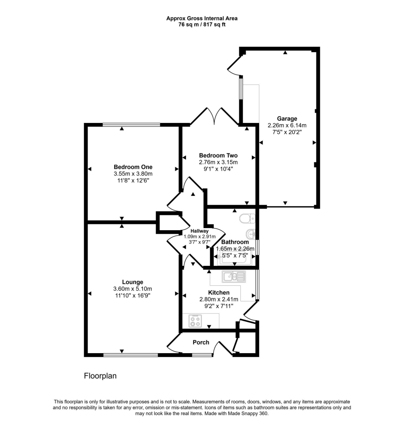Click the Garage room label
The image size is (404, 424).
pos(287,118)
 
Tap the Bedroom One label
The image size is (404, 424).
pos(133,167)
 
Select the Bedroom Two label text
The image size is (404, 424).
pos(218,156)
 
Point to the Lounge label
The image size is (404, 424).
pos(133,282)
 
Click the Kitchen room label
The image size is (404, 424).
pos(218,292)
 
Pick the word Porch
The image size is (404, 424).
pos(201,342)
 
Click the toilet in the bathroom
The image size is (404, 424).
pos(244,218)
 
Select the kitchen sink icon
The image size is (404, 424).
pos(234,276)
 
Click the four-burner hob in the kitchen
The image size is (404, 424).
pos(196,321)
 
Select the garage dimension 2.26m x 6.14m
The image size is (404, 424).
pos(287,125)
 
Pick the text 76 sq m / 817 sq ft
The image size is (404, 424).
pos(202,24)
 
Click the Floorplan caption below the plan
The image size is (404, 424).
pos(100,376)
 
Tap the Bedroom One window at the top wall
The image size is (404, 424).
pos(131,124)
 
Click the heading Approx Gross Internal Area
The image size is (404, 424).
pos(202,18)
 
